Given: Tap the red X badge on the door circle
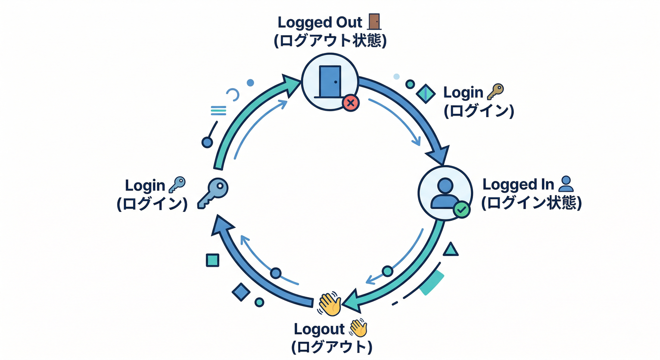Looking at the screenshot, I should pos(350,102).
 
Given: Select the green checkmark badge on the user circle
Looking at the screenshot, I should pos(461,210).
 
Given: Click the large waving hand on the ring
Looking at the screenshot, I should pos(330,304).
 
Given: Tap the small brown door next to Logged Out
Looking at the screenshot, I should pos(374,22).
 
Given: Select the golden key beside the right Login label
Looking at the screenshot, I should pos(495,91).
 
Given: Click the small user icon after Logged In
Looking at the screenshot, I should pos(566,184).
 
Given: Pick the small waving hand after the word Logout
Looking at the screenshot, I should pos(358,328).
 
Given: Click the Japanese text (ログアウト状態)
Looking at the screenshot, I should pos(330,41).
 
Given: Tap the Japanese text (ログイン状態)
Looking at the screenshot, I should pos(532,203).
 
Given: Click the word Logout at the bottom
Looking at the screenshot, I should pos(319,329).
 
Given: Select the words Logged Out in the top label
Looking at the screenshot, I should pos(320,22).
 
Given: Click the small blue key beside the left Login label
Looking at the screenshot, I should pos(177,185).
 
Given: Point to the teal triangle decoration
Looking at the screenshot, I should pos(450,250).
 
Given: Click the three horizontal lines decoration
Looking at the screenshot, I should pos(218,111).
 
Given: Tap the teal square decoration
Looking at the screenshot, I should pos(212,260).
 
